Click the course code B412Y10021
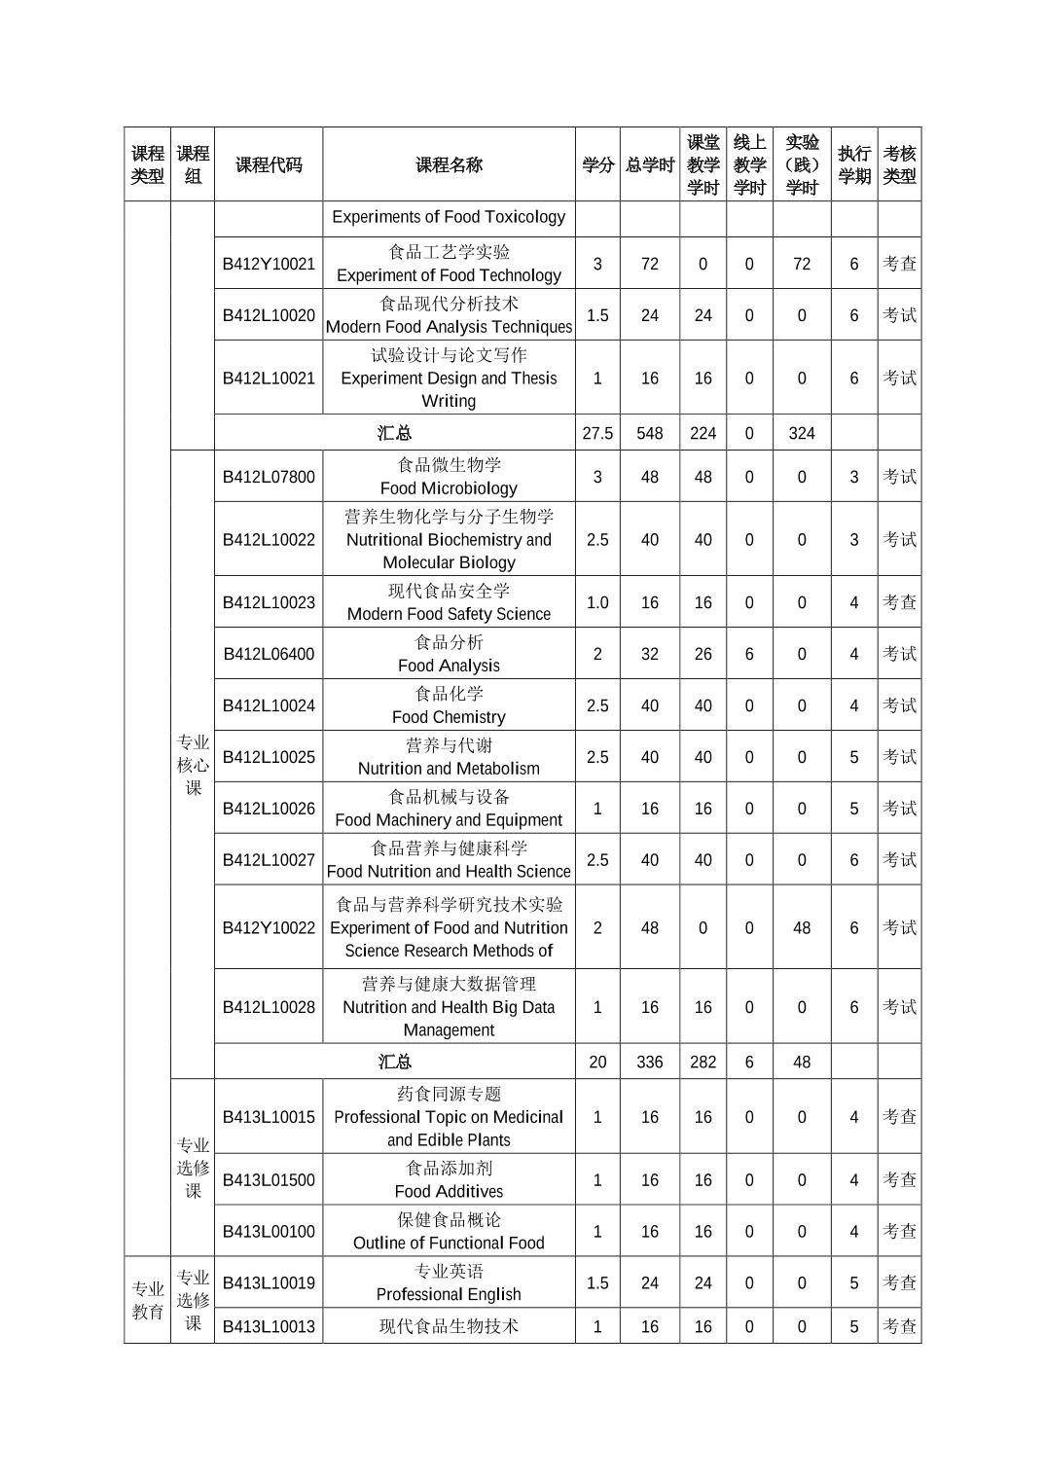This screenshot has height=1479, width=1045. pos(269,264)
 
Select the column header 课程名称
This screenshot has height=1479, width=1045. pos(449,164)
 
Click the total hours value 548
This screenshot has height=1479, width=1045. pos(649,433)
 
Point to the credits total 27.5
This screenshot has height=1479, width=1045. pos(597,433)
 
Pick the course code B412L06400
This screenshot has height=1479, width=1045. pos(269,654)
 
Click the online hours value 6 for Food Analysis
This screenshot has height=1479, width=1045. pos(749,654)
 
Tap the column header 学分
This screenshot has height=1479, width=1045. pos(597,164)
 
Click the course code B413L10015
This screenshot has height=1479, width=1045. pos(269,1117)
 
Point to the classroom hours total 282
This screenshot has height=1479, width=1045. pos(703,1062)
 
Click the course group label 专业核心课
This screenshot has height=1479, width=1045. pos(193,766)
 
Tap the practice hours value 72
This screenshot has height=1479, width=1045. pos(802,264)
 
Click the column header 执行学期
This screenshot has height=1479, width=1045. pos(854,164)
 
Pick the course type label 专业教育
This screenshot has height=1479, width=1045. pos(148,1300)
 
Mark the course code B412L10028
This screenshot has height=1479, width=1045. pos(269,1007)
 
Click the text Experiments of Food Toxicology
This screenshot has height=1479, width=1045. pos(449,217)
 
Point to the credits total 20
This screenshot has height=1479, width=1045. pos(597,1062)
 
